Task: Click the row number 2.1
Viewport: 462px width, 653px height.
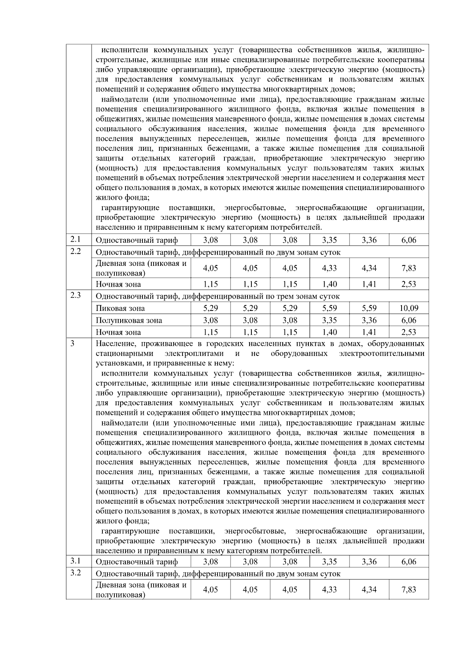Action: (75, 239)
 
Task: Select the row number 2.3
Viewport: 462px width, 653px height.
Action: (75, 296)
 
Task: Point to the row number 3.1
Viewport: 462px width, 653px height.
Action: (75, 561)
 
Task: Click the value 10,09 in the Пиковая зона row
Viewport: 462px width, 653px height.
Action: (409, 308)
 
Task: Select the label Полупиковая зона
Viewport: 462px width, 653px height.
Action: (129, 321)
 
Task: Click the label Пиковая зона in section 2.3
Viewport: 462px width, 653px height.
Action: (120, 308)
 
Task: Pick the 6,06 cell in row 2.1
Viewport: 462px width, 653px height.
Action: (409, 240)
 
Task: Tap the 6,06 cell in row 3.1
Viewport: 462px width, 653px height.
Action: (409, 562)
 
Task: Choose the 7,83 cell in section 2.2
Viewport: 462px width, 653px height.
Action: (409, 268)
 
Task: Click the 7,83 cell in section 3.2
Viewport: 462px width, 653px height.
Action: (409, 590)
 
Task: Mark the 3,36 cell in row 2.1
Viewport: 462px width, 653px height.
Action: (369, 240)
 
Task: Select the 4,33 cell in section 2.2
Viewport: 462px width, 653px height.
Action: (329, 268)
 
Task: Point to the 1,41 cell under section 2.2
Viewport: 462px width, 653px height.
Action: (369, 284)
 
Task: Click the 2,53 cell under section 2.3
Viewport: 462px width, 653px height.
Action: (409, 332)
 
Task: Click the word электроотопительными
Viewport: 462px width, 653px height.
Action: (382, 353)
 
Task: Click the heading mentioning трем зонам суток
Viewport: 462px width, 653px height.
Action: (217, 296)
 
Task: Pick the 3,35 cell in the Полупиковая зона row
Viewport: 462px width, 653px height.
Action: (329, 321)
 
